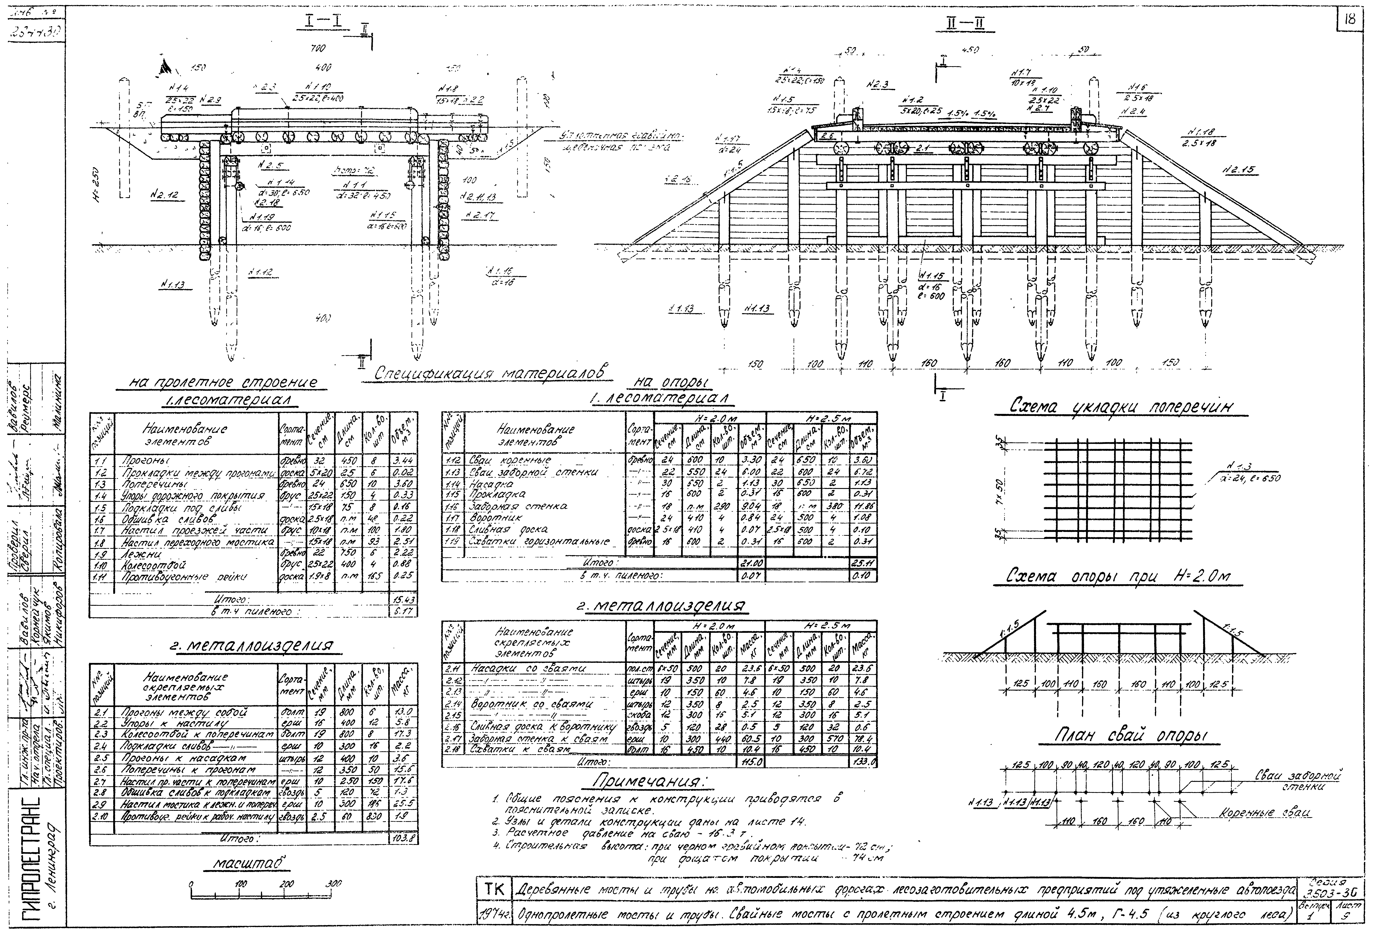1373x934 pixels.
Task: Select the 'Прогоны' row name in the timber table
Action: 142,461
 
